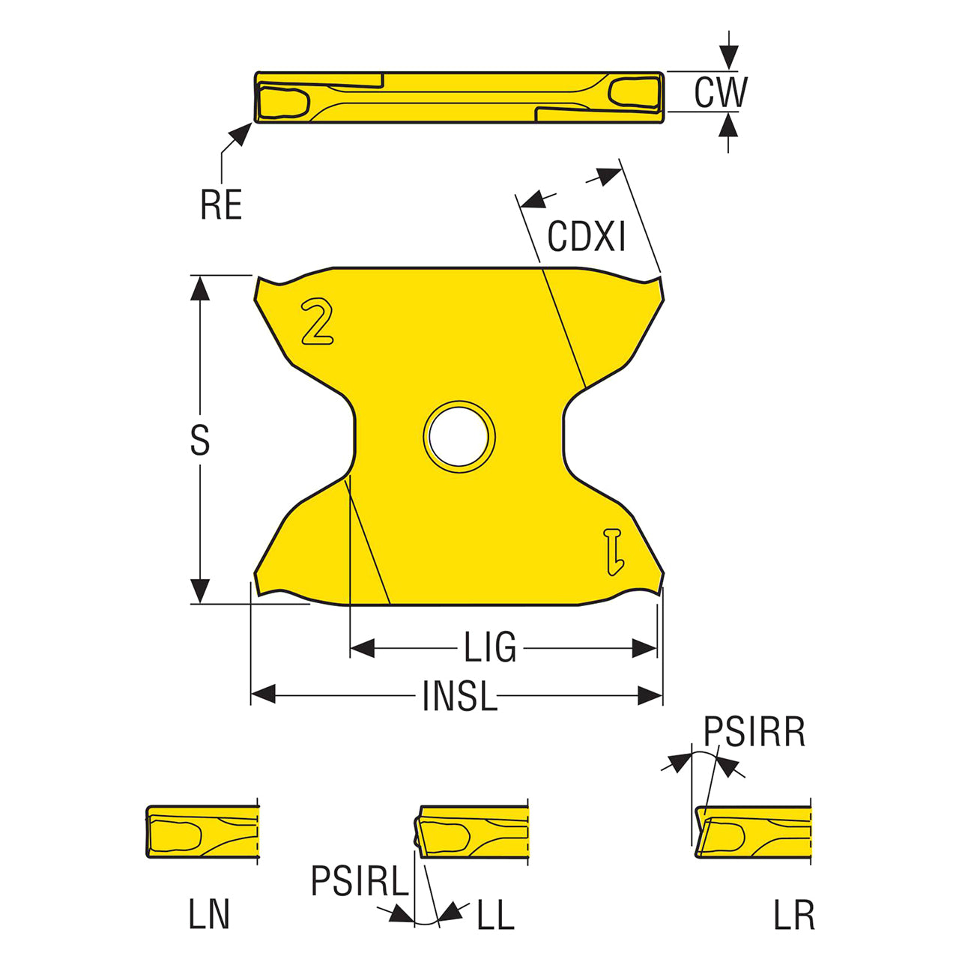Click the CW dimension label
point(721,93)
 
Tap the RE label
point(221,204)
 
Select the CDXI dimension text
point(586,236)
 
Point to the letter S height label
point(200,440)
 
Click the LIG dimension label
point(490,647)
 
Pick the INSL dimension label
point(459,695)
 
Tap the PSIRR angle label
point(754,731)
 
